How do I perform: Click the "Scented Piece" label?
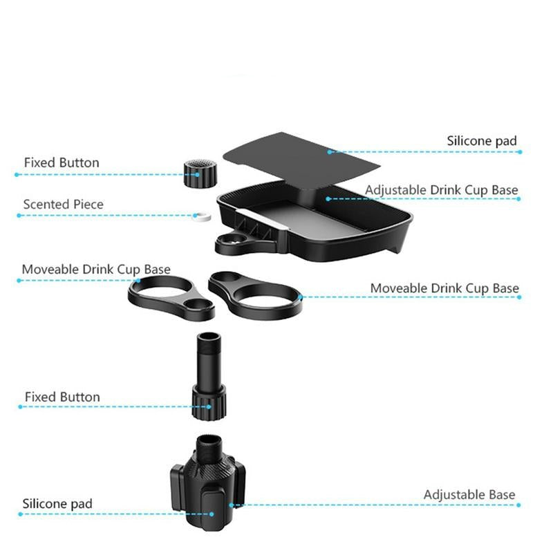pos(64,204)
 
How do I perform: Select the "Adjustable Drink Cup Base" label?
pos(442,190)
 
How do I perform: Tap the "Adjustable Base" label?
pos(469,494)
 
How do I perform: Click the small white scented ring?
pos(202,216)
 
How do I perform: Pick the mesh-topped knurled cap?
pos(200,174)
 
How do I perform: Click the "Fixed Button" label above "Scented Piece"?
pos(62,162)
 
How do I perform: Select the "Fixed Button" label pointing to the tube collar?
pos(62,397)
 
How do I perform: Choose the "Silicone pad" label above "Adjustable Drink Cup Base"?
pos(482,141)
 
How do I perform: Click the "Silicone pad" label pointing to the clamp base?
pos(57,504)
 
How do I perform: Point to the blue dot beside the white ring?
pos(196,216)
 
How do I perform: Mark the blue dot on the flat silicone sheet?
pos(330,152)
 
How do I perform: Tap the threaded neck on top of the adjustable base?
pos(209,448)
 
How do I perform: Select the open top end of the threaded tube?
pos(209,337)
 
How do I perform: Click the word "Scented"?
pos(46,204)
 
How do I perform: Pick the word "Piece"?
pos(88,204)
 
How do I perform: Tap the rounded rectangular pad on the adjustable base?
pos(214,508)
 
